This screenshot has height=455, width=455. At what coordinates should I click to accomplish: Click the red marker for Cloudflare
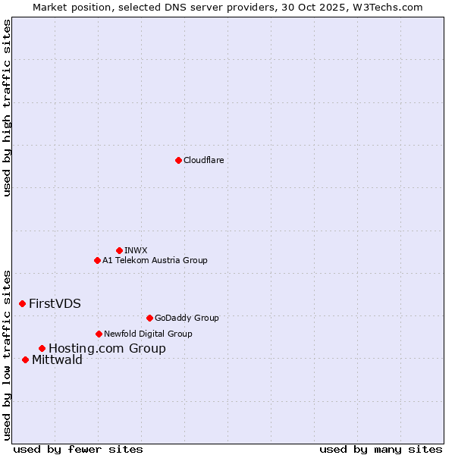tap(178, 160)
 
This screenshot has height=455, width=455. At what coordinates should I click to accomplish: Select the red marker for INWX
tap(119, 250)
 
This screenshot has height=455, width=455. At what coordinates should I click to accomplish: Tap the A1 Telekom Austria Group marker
tap(97, 260)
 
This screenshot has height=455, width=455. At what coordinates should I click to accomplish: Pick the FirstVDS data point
tap(22, 303)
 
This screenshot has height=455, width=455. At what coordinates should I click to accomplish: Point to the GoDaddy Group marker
tap(149, 318)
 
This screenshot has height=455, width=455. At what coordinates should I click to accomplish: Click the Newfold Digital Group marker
tap(99, 334)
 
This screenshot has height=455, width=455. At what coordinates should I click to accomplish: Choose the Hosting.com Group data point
tap(42, 348)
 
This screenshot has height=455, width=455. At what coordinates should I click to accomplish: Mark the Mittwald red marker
tap(25, 359)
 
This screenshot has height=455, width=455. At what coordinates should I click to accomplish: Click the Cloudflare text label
tap(204, 160)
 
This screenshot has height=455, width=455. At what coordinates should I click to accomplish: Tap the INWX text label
tap(136, 250)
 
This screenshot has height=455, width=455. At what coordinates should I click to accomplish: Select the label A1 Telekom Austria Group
tap(155, 260)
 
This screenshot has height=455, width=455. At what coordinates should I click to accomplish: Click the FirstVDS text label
tap(55, 303)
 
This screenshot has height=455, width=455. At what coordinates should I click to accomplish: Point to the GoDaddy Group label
tap(187, 318)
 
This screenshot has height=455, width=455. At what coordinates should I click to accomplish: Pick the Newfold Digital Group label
tap(148, 334)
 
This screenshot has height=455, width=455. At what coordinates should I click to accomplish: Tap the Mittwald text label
tap(57, 360)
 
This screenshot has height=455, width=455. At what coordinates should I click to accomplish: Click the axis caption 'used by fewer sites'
tap(78, 449)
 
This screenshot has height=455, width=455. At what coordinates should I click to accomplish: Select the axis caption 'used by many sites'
tap(381, 449)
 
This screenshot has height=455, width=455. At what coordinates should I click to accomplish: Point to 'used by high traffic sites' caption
tap(7, 108)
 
